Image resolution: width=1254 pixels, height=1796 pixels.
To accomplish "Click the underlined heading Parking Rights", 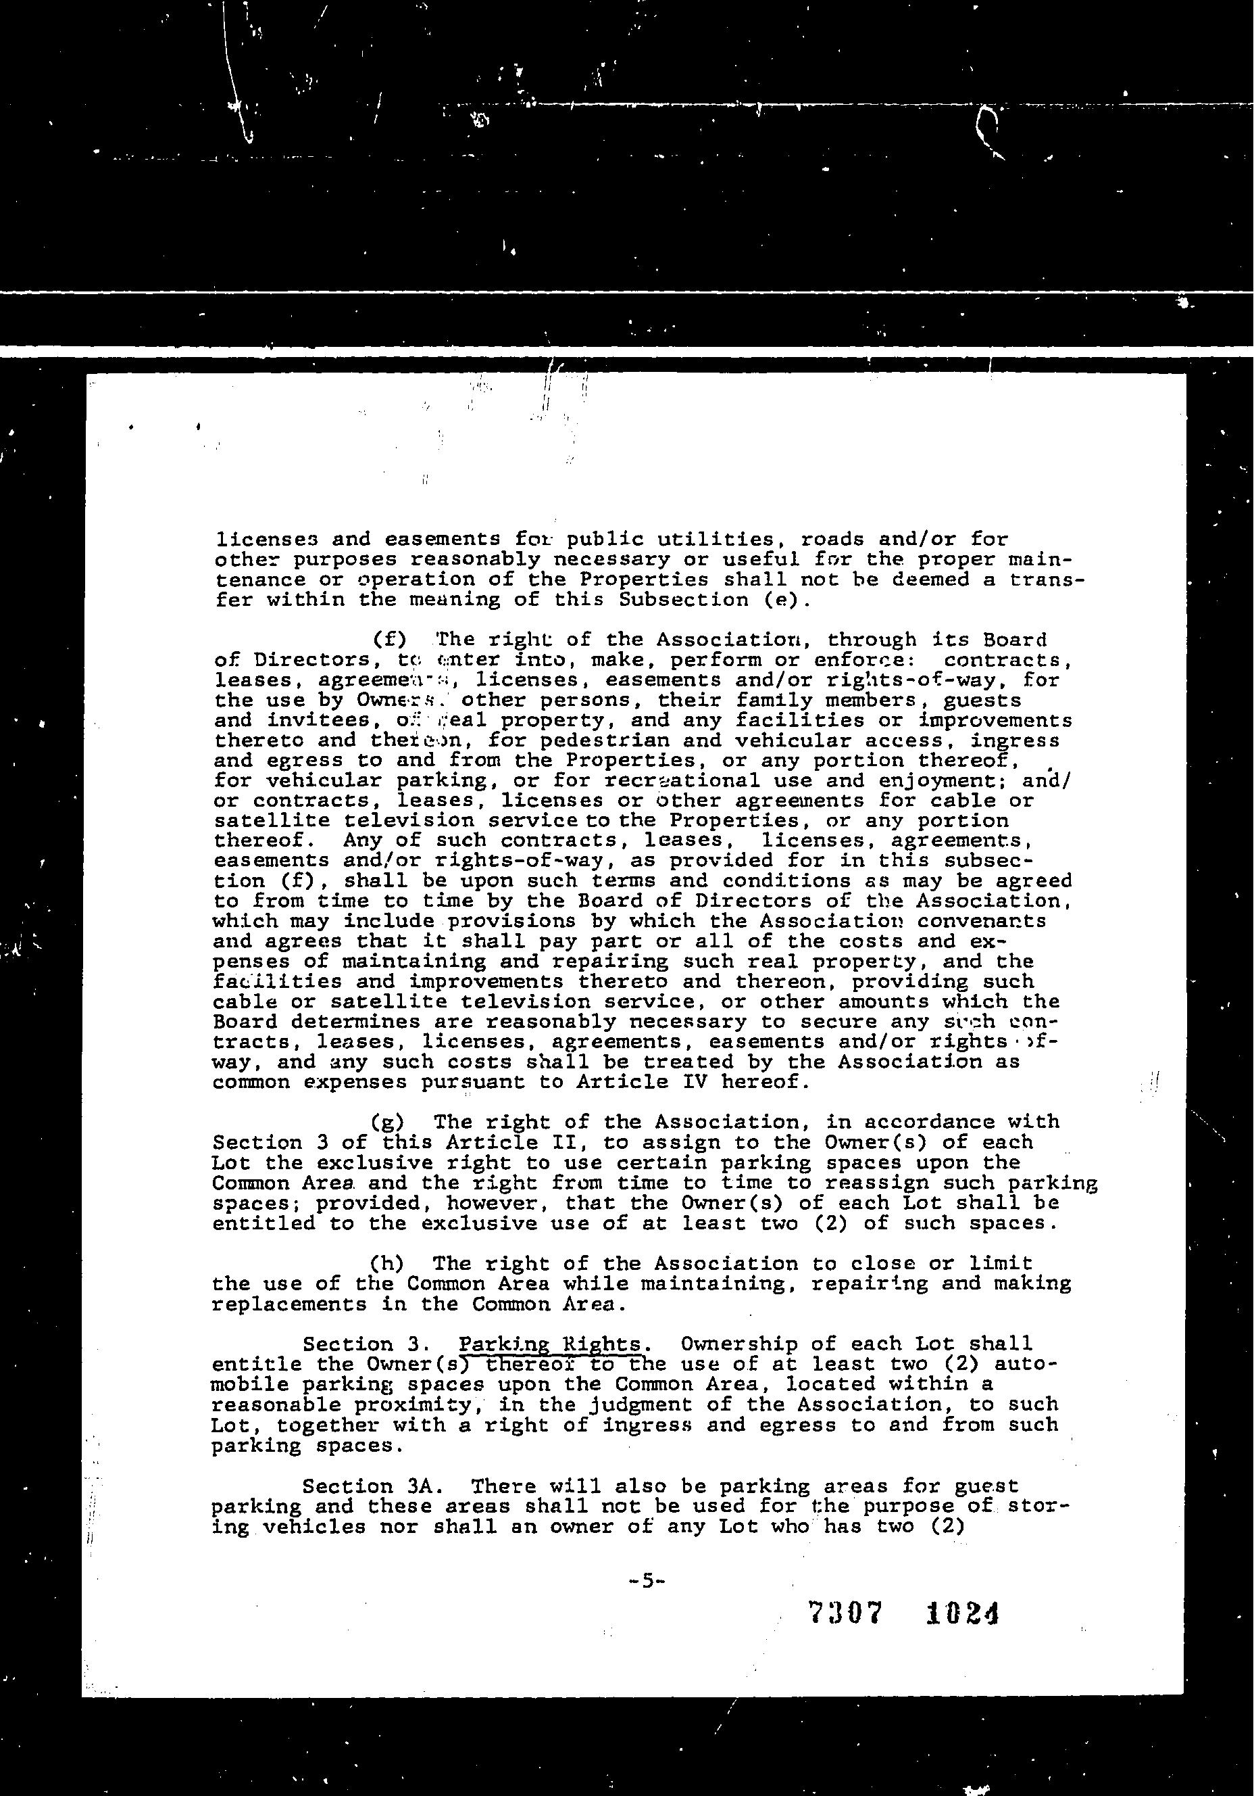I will (552, 1344).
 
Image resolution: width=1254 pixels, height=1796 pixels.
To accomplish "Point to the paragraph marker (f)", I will (388, 640).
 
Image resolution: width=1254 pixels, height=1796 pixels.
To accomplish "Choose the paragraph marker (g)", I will (387, 1122).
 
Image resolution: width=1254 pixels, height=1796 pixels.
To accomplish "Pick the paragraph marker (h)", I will (387, 1263).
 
